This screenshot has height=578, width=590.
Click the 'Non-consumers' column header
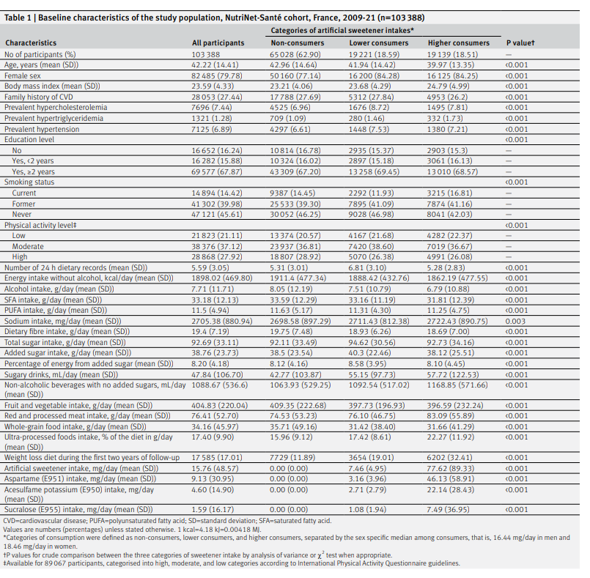point(298,43)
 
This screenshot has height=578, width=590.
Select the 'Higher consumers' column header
point(458,43)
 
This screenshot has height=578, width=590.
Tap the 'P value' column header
point(520,43)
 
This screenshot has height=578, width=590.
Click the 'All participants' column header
point(218,43)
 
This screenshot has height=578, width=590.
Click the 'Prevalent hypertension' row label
point(42,130)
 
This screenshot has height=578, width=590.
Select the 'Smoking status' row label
point(29,182)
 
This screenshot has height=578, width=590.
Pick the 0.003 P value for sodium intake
point(515,321)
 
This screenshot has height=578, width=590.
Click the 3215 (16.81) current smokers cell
point(448,193)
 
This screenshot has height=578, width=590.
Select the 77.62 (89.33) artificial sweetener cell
point(451,469)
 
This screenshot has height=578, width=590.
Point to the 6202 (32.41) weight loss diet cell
point(448,458)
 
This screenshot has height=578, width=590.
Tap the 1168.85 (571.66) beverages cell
point(457,385)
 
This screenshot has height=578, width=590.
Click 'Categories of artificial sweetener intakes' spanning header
point(342,31)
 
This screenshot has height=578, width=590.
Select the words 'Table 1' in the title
point(18,18)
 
